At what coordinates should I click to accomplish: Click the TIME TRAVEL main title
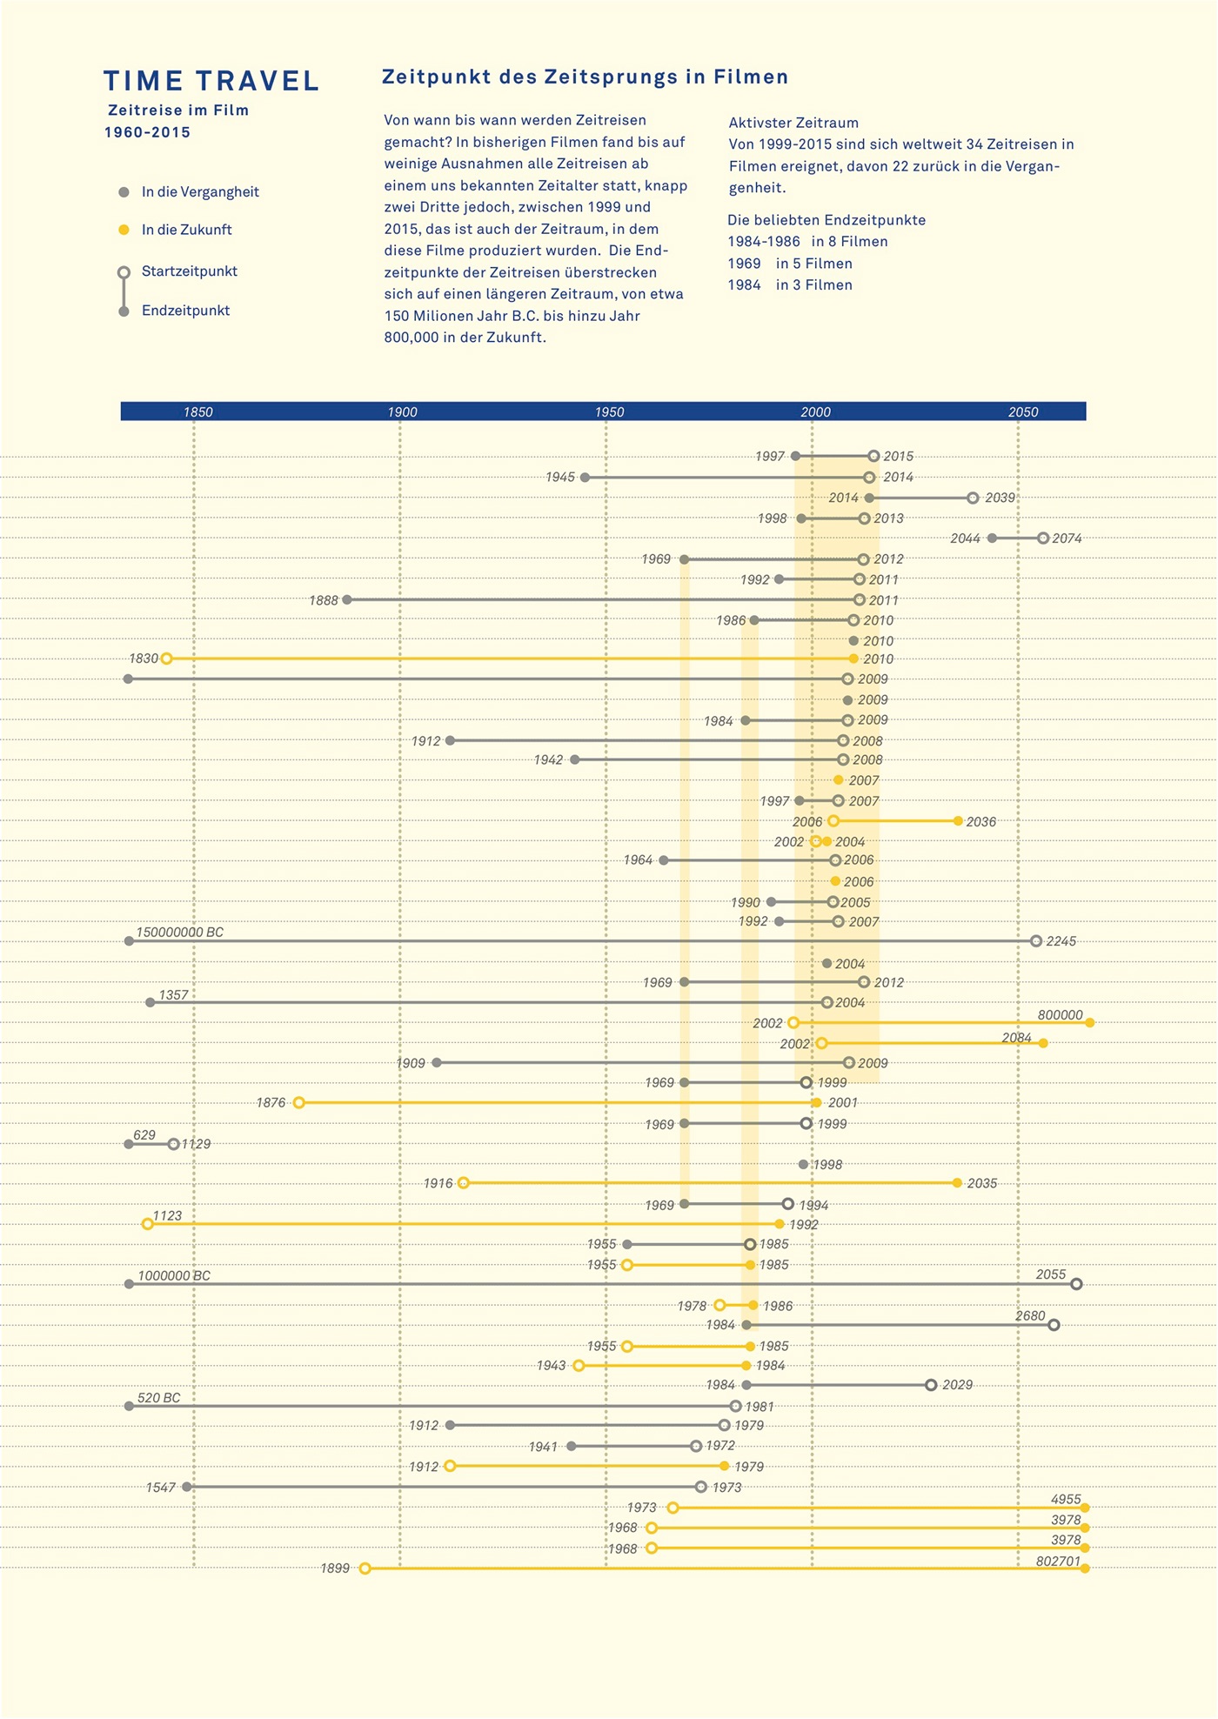click(x=211, y=81)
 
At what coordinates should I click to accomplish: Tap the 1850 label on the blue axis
click(x=198, y=412)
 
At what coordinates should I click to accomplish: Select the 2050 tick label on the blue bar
click(x=1023, y=412)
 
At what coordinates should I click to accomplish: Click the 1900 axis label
click(x=402, y=412)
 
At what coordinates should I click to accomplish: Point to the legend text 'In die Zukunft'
click(x=186, y=230)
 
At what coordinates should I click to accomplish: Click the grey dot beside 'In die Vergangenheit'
click(x=124, y=192)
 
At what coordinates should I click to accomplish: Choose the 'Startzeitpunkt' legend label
click(x=189, y=271)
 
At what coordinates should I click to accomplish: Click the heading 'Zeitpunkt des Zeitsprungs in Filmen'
click(x=585, y=77)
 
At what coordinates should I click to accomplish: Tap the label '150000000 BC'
click(x=179, y=933)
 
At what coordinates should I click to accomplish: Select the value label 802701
click(x=1058, y=1562)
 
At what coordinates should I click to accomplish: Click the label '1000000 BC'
click(x=174, y=1276)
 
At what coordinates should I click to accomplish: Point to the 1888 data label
click(x=324, y=600)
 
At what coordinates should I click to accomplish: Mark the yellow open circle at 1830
click(x=166, y=659)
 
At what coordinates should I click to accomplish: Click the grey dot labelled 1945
click(x=585, y=478)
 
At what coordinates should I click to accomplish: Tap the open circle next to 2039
click(x=973, y=498)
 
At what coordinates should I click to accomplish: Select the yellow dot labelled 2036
click(x=958, y=821)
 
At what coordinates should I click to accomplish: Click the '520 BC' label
click(x=159, y=1398)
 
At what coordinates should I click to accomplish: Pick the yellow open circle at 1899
click(x=365, y=1569)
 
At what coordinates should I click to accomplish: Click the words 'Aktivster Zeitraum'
click(x=793, y=124)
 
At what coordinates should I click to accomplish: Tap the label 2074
click(x=1067, y=538)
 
